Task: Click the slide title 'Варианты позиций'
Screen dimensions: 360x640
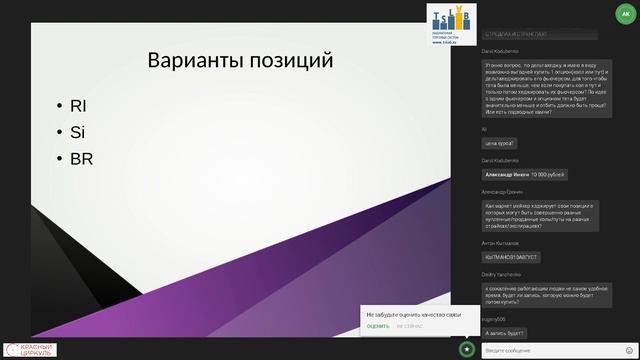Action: (240, 60)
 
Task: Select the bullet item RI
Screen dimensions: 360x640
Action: (79, 106)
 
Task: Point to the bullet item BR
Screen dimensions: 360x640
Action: (81, 158)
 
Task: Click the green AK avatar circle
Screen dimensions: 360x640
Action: (625, 15)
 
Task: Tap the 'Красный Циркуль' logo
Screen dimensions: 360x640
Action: (30, 349)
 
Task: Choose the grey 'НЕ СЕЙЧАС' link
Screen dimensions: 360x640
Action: (409, 326)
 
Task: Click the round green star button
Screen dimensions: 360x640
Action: (467, 348)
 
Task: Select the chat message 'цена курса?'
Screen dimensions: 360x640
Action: (499, 143)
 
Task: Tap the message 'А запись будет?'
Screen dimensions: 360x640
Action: (504, 332)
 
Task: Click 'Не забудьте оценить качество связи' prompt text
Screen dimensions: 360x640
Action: (412, 314)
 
